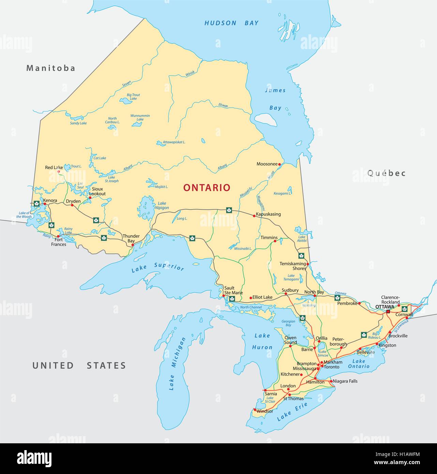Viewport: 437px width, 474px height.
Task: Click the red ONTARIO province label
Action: click(x=207, y=188)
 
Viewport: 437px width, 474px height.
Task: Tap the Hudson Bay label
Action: click(x=231, y=23)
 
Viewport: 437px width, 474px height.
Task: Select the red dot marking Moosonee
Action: click(x=280, y=164)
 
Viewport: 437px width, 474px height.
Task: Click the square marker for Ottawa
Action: click(x=388, y=311)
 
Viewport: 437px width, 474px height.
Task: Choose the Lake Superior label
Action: click(x=158, y=267)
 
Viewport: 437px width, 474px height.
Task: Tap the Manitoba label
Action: click(x=51, y=68)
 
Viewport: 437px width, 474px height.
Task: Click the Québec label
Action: click(x=387, y=173)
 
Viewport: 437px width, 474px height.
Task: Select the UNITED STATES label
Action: click(x=79, y=366)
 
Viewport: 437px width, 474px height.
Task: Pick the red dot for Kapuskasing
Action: click(x=254, y=216)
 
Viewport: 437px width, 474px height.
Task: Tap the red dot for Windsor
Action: click(x=255, y=410)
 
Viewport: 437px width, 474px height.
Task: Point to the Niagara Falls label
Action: click(x=345, y=381)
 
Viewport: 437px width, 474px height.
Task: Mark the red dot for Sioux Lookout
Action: click(x=90, y=197)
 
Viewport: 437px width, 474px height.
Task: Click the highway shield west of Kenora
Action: click(x=36, y=204)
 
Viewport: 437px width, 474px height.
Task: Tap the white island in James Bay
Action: click(x=266, y=119)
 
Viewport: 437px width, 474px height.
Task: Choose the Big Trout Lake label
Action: click(x=133, y=97)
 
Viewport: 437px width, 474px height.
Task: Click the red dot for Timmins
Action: click(x=275, y=241)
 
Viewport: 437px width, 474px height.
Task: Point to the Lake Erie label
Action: click(x=292, y=412)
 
